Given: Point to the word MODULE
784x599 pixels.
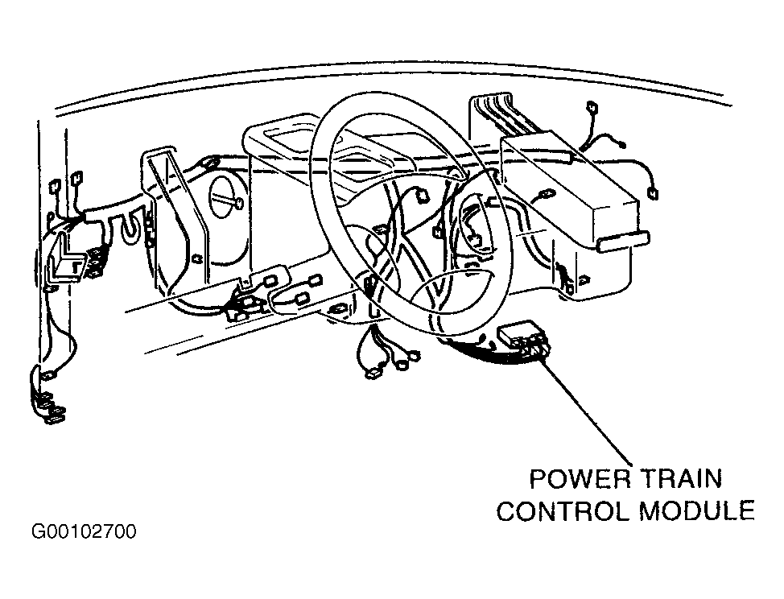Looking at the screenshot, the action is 697,511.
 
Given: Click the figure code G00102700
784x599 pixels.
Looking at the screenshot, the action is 84,531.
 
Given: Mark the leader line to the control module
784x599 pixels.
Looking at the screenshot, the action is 585,408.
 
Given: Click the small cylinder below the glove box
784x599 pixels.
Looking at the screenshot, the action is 623,240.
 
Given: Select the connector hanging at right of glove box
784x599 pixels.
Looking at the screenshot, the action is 653,192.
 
